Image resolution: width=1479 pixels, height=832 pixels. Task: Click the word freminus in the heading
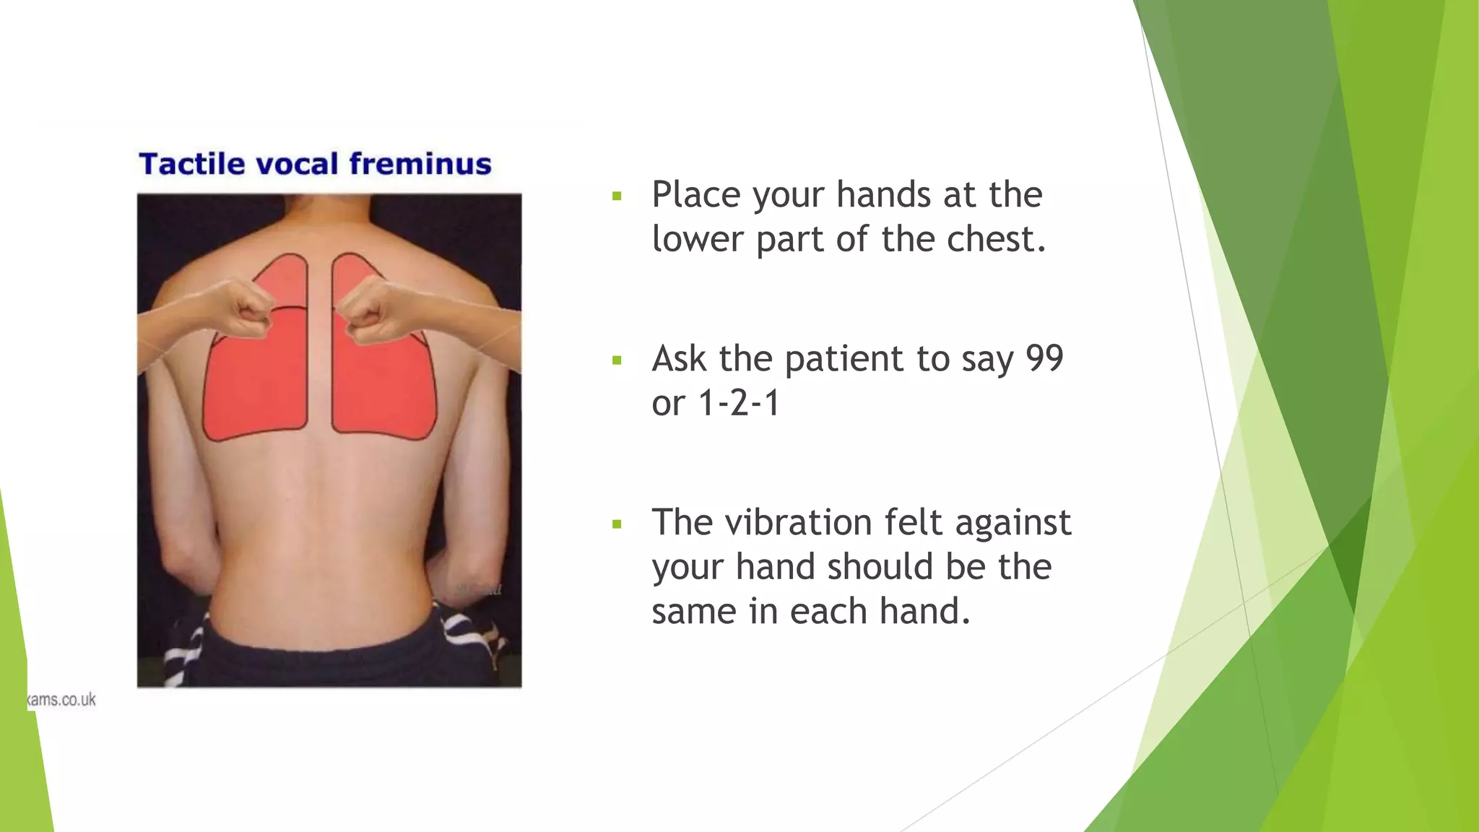[420, 164]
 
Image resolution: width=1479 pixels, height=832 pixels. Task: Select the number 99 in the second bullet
[1044, 358]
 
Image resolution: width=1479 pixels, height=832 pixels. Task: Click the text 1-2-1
[739, 403]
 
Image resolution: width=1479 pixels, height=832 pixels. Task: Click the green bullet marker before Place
[616, 196]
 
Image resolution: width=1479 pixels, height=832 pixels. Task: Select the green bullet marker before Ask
[616, 360]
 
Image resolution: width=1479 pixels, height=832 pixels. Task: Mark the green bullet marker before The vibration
[616, 524]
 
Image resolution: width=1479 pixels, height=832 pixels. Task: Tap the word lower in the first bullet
[697, 239]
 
